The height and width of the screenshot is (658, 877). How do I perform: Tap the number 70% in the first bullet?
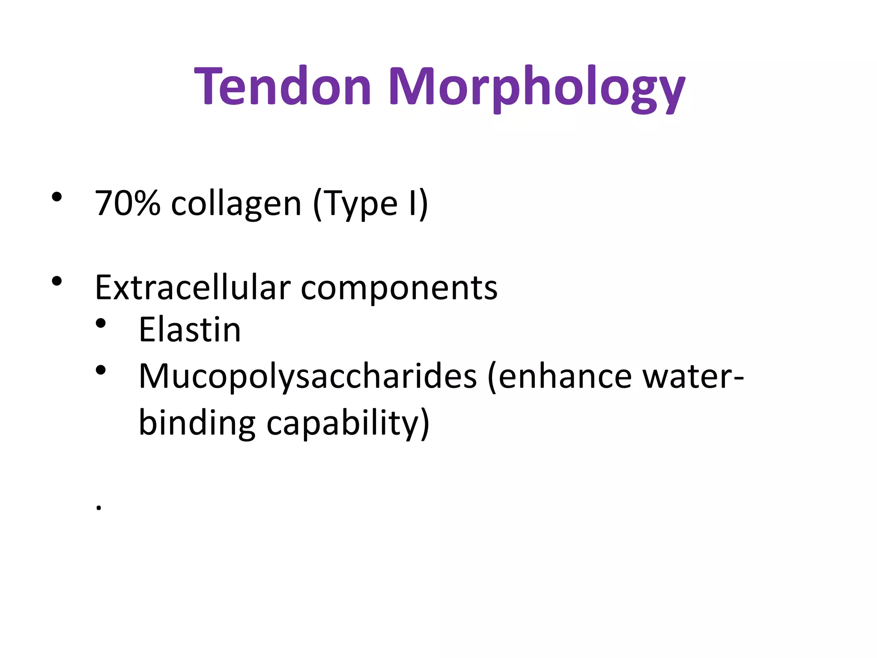click(x=128, y=203)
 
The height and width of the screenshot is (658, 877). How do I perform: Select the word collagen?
click(x=236, y=205)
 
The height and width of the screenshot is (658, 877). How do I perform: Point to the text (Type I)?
click(x=370, y=205)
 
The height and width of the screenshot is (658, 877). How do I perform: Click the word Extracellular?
click(x=193, y=287)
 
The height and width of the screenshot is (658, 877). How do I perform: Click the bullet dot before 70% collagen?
click(x=57, y=197)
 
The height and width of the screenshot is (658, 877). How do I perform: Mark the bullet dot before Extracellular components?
click(x=57, y=281)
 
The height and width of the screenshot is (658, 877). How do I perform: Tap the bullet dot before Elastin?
click(x=101, y=324)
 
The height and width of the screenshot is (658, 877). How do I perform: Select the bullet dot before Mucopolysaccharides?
click(x=101, y=370)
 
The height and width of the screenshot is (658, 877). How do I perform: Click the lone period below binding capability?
click(x=98, y=508)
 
